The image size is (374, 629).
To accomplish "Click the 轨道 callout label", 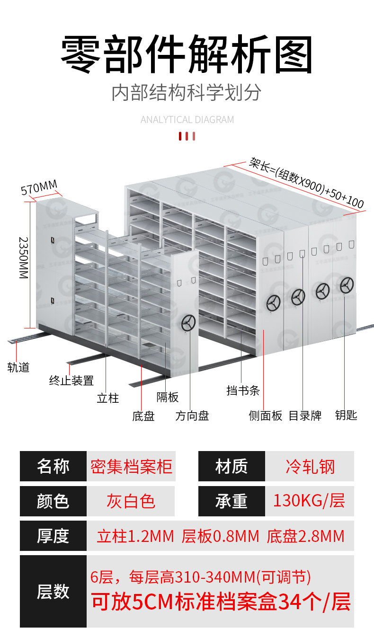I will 18,367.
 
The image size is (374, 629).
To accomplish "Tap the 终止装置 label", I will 71,380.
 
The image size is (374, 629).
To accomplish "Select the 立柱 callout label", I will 108,398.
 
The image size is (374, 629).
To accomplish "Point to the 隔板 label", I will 168,397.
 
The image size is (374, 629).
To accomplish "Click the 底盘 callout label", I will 143,416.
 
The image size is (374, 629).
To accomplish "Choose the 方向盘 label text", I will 192,416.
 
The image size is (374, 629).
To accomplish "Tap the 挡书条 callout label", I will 243,391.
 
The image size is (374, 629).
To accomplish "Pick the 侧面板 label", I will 266,416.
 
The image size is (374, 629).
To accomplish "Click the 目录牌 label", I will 305,416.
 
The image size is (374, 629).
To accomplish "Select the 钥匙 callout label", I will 346,415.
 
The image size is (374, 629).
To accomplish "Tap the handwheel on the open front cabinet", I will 188,324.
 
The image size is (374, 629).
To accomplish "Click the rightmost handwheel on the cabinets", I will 347,285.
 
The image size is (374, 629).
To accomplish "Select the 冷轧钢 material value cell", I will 310,467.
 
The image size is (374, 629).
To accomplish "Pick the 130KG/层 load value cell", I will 309,501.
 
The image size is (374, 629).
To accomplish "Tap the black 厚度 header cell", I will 53,536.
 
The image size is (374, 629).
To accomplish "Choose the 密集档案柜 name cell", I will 131,467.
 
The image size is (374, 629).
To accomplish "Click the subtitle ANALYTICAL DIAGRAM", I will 187,120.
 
